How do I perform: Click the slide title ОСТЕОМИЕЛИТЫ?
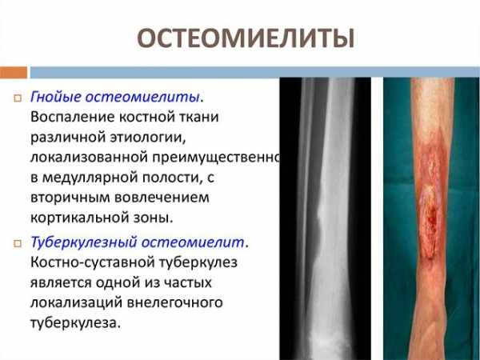[x=246, y=38]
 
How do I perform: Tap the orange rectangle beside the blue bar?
[x=14, y=73]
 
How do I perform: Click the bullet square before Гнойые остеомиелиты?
[x=18, y=98]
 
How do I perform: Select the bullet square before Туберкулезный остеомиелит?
[x=18, y=243]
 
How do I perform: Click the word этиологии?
[x=148, y=138]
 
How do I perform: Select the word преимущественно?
[x=217, y=158]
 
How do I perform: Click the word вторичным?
[x=70, y=198]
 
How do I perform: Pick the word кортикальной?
[x=79, y=218]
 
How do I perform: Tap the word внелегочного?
[x=174, y=302]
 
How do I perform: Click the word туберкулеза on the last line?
[x=74, y=323]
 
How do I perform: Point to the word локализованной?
[x=90, y=158]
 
